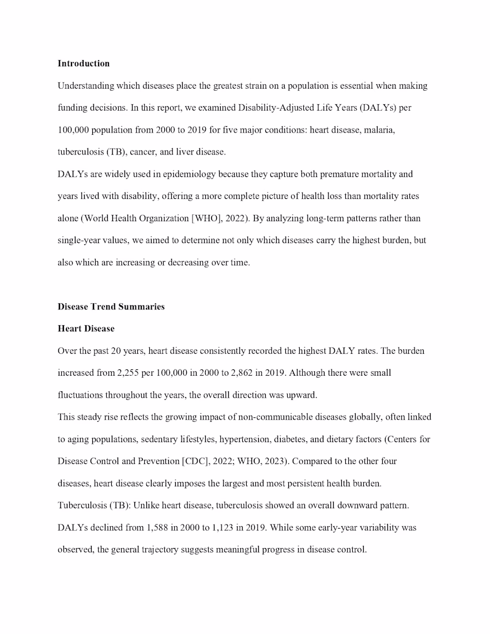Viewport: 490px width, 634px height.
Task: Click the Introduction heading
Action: (84, 63)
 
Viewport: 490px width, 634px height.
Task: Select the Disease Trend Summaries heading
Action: (111, 307)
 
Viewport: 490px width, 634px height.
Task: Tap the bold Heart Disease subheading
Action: (86, 329)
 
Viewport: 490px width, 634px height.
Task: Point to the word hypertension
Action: (245, 439)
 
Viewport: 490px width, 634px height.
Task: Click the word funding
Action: (74, 108)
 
